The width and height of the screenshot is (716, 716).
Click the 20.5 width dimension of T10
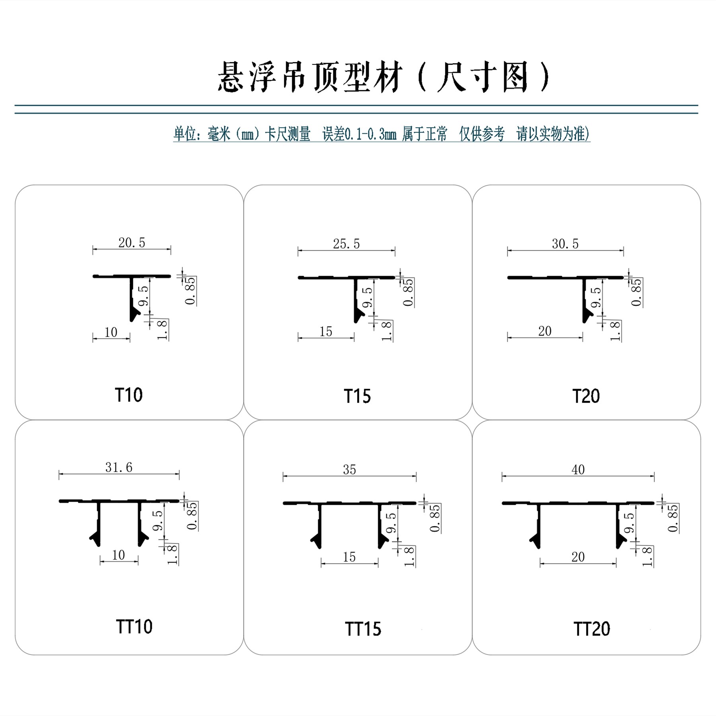pyautogui.click(x=132, y=243)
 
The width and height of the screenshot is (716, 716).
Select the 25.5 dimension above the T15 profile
pyautogui.click(x=346, y=244)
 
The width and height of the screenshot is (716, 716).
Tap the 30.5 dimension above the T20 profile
pyautogui.click(x=565, y=244)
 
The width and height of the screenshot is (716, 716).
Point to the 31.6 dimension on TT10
pyautogui.click(x=119, y=467)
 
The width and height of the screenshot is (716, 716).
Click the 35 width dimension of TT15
pyautogui.click(x=349, y=470)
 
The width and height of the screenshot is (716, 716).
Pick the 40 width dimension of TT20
pyautogui.click(x=578, y=470)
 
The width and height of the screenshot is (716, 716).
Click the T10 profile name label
pyautogui.click(x=128, y=395)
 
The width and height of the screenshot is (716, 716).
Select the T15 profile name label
pyautogui.click(x=357, y=396)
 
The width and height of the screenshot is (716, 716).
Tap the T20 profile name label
pyautogui.click(x=586, y=396)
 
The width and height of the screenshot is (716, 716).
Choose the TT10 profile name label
pyautogui.click(x=134, y=626)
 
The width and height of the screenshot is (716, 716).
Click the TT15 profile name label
pyautogui.click(x=363, y=629)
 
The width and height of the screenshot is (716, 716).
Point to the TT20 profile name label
pyautogui.click(x=591, y=629)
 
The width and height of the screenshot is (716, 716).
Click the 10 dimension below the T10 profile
pyautogui.click(x=111, y=332)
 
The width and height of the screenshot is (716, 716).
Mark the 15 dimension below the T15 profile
pyautogui.click(x=326, y=331)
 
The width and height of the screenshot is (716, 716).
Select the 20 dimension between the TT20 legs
pyautogui.click(x=578, y=557)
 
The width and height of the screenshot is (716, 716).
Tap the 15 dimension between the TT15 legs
pyautogui.click(x=349, y=557)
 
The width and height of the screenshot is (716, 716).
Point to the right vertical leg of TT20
pyautogui.click(x=619, y=525)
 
